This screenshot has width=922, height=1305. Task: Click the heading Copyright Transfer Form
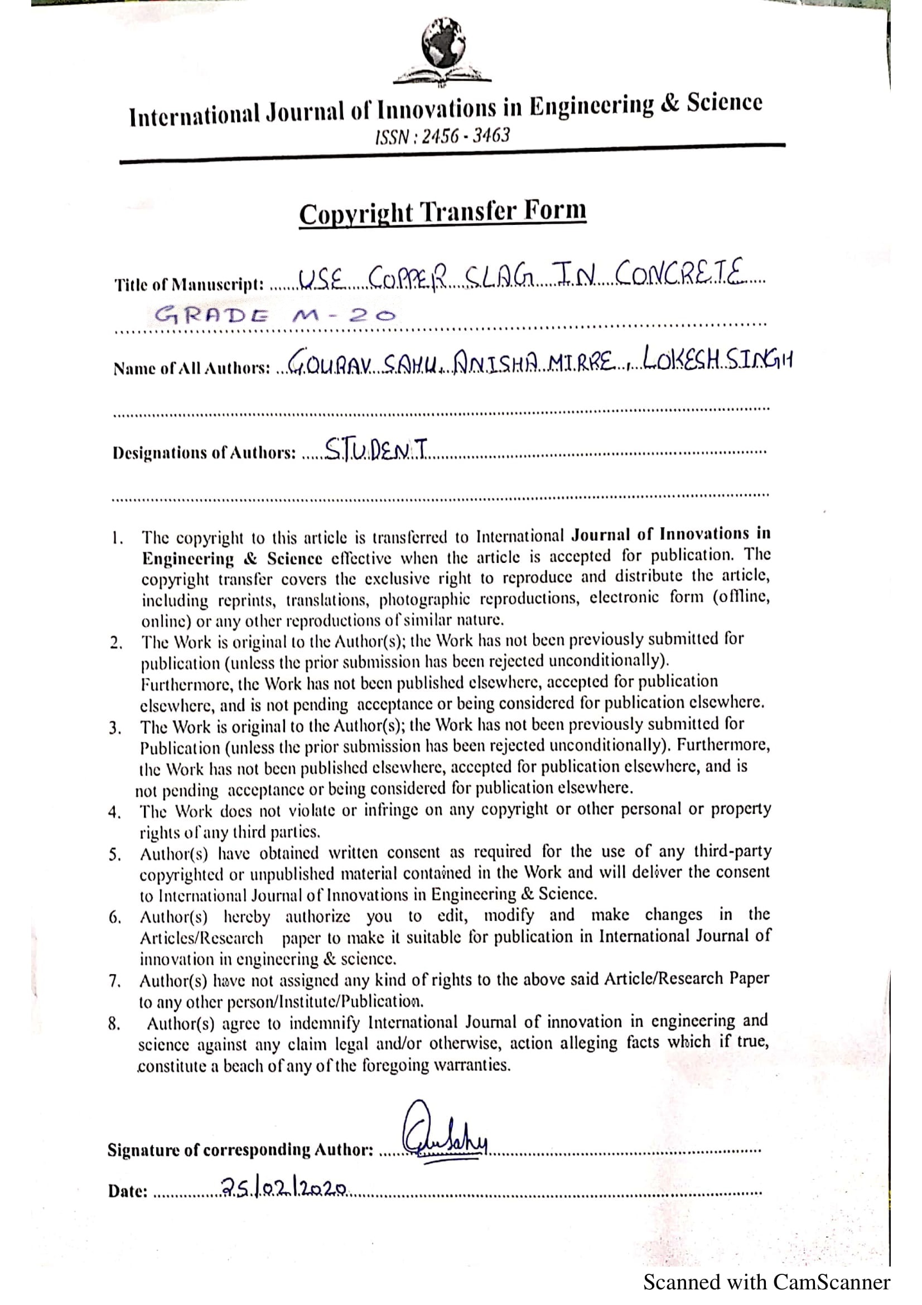(x=442, y=213)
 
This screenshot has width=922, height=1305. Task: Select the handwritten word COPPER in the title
(x=408, y=279)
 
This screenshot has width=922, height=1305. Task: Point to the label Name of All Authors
(x=191, y=369)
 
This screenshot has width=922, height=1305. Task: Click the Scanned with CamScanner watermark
(x=766, y=1282)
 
